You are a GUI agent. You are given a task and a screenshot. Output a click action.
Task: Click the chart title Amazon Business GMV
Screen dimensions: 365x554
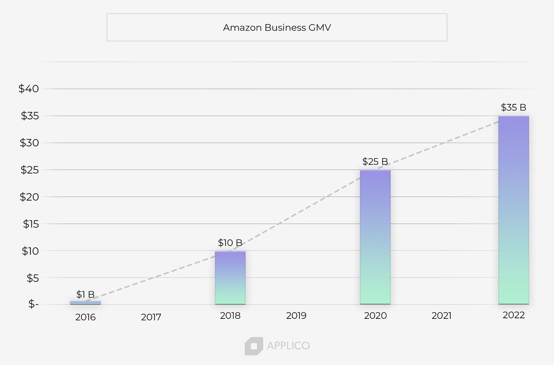pyautogui.click(x=277, y=28)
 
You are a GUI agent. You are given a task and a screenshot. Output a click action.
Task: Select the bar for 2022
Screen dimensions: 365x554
pyautogui.click(x=513, y=210)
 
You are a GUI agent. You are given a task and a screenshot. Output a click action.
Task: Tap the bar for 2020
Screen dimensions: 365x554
pyautogui.click(x=375, y=237)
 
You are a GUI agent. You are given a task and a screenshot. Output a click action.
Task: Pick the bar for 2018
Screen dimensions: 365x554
pyautogui.click(x=230, y=278)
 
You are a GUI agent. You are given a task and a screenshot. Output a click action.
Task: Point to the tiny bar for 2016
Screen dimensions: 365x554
pyautogui.click(x=85, y=303)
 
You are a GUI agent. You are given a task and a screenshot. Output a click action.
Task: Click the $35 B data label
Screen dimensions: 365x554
pyautogui.click(x=513, y=108)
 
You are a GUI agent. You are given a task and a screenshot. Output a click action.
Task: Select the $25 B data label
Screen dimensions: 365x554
pyautogui.click(x=375, y=162)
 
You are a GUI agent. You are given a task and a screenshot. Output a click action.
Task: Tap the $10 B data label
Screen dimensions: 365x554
pyautogui.click(x=230, y=243)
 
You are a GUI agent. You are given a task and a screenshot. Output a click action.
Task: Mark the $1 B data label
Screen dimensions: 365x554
pyautogui.click(x=85, y=294)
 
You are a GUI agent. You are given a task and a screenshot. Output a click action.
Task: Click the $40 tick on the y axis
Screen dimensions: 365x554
pyautogui.click(x=29, y=89)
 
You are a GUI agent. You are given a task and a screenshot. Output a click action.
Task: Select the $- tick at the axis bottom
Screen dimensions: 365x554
pyautogui.click(x=34, y=305)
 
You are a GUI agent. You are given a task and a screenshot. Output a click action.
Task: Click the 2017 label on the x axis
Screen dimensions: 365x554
pyautogui.click(x=151, y=317)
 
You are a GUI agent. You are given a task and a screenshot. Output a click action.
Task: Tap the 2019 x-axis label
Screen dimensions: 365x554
pyautogui.click(x=296, y=316)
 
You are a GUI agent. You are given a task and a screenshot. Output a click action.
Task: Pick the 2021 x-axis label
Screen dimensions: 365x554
pyautogui.click(x=441, y=316)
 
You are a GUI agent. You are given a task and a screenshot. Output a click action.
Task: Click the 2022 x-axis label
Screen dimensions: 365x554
pyautogui.click(x=513, y=315)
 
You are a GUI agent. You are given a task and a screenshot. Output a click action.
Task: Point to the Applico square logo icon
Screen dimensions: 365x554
pyautogui.click(x=253, y=346)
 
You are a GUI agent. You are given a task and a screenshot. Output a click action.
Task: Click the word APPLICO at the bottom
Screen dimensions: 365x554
pyautogui.click(x=288, y=346)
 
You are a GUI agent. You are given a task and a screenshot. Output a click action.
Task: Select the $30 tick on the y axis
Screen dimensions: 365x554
pyautogui.click(x=29, y=143)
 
